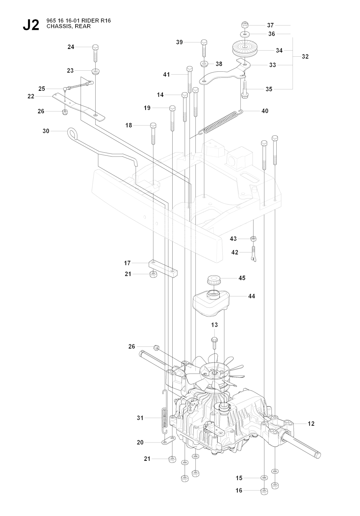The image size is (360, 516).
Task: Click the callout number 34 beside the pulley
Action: (x=279, y=51)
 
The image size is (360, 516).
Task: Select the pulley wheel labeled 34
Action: (x=245, y=48)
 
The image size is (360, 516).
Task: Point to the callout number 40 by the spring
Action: (x=265, y=111)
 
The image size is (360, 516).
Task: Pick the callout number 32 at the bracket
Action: (x=305, y=56)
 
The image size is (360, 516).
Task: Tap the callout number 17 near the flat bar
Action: (x=127, y=263)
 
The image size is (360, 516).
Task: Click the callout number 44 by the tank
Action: (x=251, y=297)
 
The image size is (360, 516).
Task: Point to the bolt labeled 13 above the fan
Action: (x=214, y=340)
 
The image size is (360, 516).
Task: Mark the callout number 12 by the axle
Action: (x=311, y=424)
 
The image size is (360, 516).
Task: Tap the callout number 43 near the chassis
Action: (x=233, y=239)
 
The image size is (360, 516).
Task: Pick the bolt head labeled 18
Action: (x=153, y=126)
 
